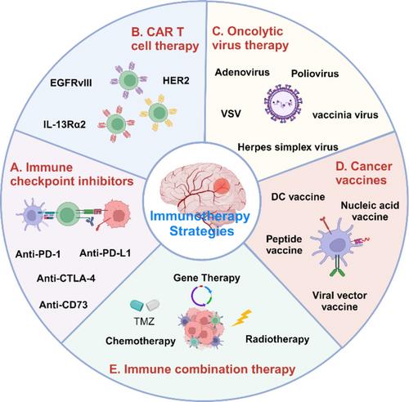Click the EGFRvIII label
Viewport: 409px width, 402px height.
(x=71, y=83)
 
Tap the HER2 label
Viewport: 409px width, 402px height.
(x=176, y=81)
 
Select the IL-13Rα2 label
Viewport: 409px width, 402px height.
(x=65, y=124)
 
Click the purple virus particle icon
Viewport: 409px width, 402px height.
(x=283, y=104)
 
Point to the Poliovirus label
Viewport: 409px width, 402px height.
(x=315, y=74)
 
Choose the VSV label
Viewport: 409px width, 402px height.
(x=231, y=114)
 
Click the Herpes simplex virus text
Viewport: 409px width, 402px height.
(x=288, y=147)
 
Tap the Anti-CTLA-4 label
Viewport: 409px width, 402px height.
(x=66, y=279)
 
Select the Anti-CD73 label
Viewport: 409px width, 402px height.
(x=64, y=305)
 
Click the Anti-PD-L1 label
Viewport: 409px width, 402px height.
(x=106, y=253)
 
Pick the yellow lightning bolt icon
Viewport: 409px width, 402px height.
(x=241, y=318)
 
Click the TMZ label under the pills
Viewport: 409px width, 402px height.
(x=144, y=321)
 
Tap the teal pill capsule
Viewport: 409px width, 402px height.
(x=137, y=306)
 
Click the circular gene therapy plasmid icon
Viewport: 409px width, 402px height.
(x=201, y=296)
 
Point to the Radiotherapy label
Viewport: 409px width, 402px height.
(x=277, y=339)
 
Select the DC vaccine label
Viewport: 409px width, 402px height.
(x=298, y=197)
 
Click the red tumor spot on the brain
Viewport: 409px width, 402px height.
(x=221, y=185)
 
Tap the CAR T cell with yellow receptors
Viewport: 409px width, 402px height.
(x=159, y=113)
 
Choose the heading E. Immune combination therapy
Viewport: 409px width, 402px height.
(x=202, y=369)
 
